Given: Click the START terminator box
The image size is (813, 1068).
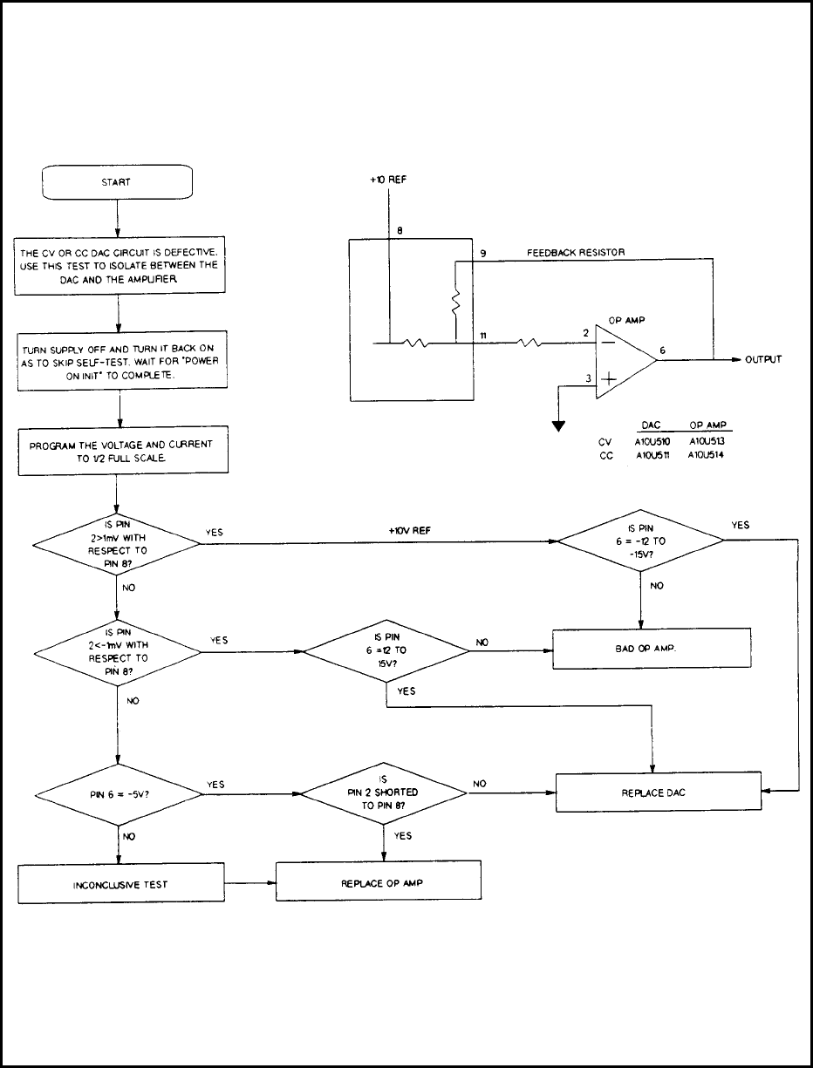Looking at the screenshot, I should pos(117,183).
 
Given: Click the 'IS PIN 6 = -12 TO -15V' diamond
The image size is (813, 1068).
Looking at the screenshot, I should pos(641,541).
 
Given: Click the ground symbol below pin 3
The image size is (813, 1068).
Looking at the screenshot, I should pos(555,425).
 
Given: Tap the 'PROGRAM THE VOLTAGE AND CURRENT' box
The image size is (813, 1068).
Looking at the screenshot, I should pos(117,451).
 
